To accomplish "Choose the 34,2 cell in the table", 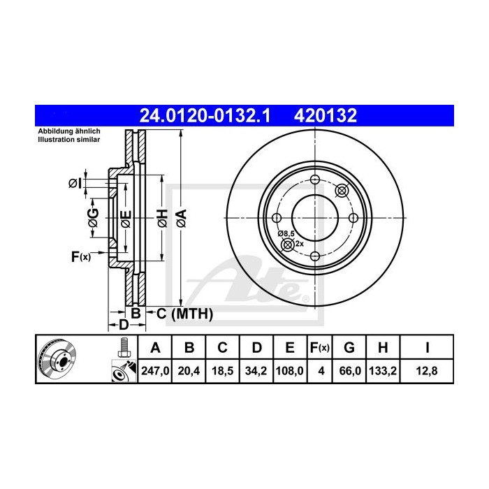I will point(257,372).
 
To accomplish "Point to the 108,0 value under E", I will point(289,372).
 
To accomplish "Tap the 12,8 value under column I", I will point(425,372).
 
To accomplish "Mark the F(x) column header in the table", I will point(320,348).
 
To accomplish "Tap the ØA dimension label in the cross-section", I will point(181,218).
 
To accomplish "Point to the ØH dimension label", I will point(162,218).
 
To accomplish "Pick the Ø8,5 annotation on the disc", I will point(286,233).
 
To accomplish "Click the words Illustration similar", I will point(68,140).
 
